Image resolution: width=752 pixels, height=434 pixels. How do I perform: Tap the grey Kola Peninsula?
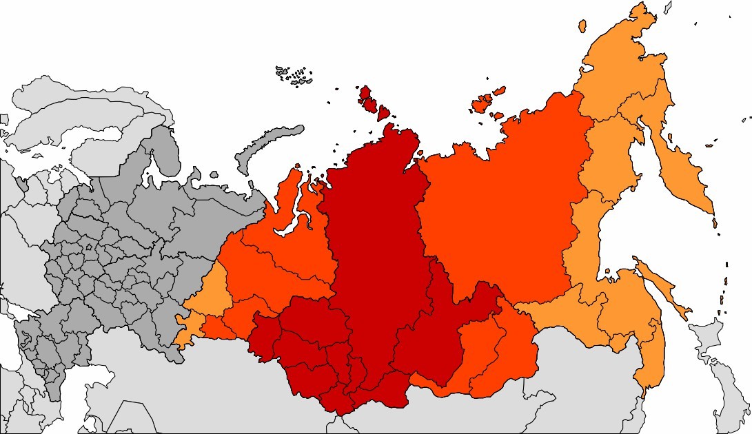[155, 148]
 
